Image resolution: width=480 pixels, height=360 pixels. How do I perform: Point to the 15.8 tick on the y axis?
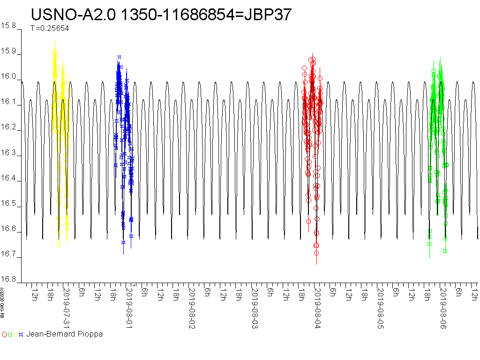(x=9, y=26)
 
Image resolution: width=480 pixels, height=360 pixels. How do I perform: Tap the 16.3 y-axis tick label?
(x=9, y=153)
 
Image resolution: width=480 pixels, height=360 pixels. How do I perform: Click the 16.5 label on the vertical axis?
(x=9, y=204)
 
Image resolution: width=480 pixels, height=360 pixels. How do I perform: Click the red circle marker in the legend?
(x=5, y=335)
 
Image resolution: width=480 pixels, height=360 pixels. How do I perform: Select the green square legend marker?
(x=10, y=335)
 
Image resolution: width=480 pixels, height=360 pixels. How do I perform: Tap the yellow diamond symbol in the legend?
(x=15, y=335)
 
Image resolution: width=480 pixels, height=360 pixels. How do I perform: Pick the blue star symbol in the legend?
(x=21, y=335)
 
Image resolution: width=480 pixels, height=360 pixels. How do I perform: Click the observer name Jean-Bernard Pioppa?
(x=64, y=334)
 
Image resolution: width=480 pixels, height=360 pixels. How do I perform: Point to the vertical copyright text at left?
(x=2, y=310)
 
